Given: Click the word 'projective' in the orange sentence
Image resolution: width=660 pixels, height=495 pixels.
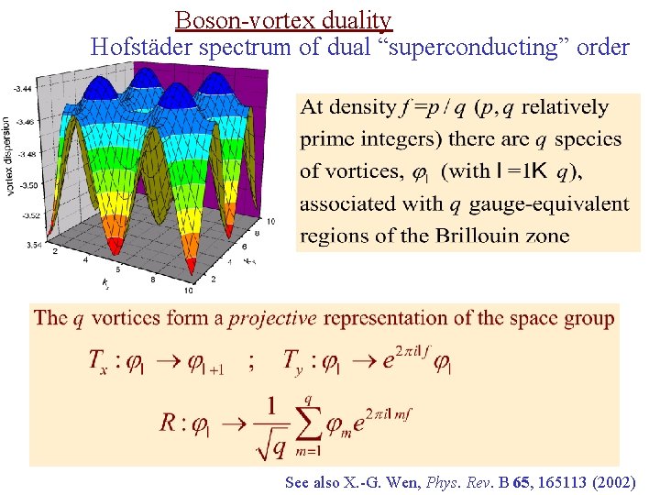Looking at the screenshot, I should click(272, 319).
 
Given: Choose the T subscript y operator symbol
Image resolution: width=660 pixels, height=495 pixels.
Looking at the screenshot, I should click(299, 361).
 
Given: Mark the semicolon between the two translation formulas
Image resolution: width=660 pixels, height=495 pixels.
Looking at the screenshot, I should click(251, 361).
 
